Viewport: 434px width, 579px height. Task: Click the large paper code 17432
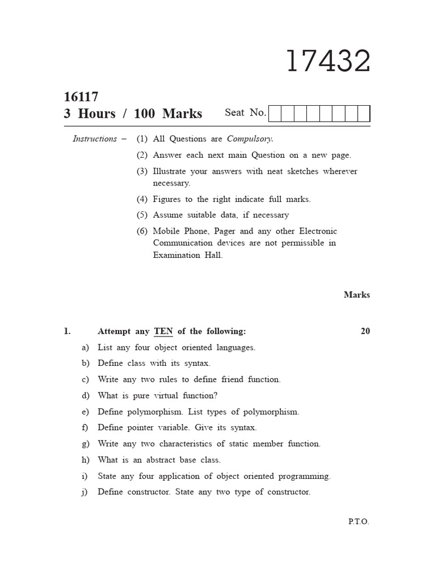tap(328, 61)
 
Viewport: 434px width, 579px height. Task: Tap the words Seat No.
tap(245, 113)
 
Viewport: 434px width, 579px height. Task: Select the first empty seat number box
tap(275, 114)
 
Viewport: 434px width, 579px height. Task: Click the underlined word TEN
tap(163, 331)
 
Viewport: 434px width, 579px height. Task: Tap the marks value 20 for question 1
tap(365, 331)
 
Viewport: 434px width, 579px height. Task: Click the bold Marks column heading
tap(357, 295)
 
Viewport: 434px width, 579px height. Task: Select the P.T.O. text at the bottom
tap(358, 522)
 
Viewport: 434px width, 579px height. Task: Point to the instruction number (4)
tap(142, 199)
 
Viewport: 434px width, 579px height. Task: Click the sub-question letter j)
tap(85, 492)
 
